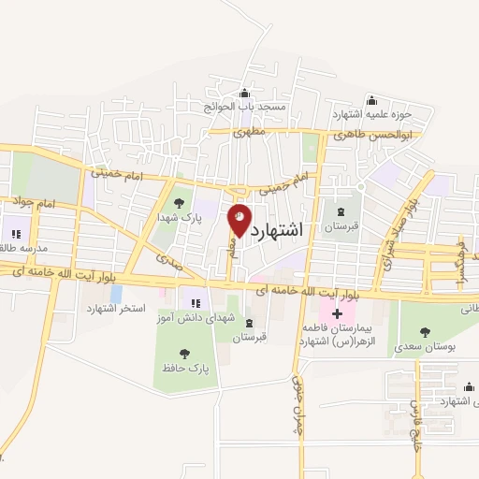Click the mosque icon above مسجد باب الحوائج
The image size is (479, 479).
click(x=245, y=93)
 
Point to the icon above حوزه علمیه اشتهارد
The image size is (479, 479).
click(x=371, y=101)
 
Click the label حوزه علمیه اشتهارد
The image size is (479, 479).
click(x=371, y=114)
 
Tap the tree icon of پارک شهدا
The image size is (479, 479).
click(x=179, y=203)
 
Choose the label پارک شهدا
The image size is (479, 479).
click(x=179, y=217)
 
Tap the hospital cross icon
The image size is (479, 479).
click(x=337, y=311)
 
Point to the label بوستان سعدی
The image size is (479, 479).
click(x=426, y=345)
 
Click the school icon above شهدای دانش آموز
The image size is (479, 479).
click(x=196, y=302)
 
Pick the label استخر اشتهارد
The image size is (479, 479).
click(x=112, y=309)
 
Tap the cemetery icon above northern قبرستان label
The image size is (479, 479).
click(x=340, y=212)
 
